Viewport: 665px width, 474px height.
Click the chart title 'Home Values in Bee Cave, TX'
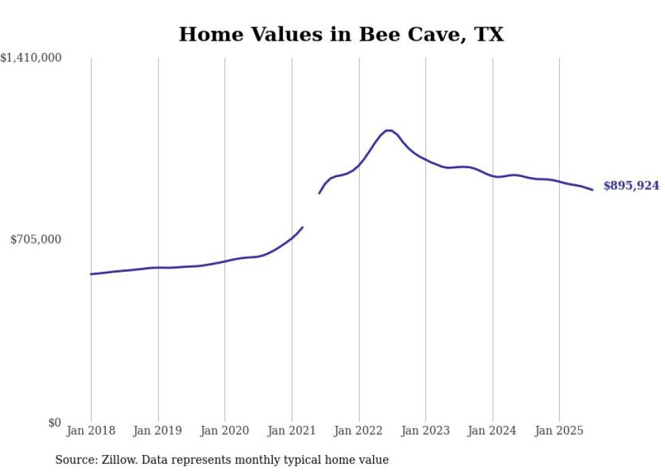coord(341,35)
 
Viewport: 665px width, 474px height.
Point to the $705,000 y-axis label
coord(36,239)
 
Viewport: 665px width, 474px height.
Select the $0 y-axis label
coord(54,422)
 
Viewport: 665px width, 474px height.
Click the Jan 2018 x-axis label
coord(91,431)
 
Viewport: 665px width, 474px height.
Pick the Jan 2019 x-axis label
coord(158,431)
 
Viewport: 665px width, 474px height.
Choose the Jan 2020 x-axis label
coord(225,431)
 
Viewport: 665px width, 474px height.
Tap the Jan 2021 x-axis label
coord(292,431)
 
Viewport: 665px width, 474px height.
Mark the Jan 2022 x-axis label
coord(359,431)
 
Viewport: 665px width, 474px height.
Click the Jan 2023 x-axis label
coord(425,431)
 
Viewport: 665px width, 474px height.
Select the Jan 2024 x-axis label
coord(493,431)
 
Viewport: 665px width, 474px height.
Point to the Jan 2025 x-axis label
coord(559,431)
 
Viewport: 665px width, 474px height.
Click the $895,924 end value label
coord(631,186)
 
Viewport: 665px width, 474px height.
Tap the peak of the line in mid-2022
coord(388,130)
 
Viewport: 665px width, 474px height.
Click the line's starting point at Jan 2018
coord(91,274)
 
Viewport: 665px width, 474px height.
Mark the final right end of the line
coord(592,190)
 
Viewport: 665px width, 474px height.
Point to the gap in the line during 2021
coord(311,210)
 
